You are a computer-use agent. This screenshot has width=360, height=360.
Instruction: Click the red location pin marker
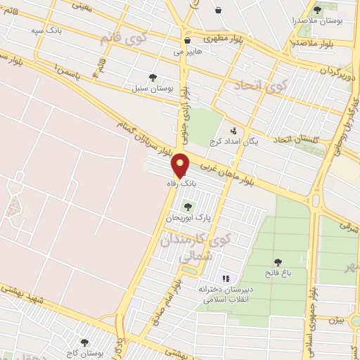181,165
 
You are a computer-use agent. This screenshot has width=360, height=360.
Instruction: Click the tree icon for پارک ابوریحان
187,207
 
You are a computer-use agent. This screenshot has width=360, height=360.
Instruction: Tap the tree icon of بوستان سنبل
153,78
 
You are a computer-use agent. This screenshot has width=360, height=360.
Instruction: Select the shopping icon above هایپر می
186,40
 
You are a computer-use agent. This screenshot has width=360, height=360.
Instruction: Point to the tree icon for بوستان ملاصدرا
317,11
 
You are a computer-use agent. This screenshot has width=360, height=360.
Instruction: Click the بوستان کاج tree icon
85,342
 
